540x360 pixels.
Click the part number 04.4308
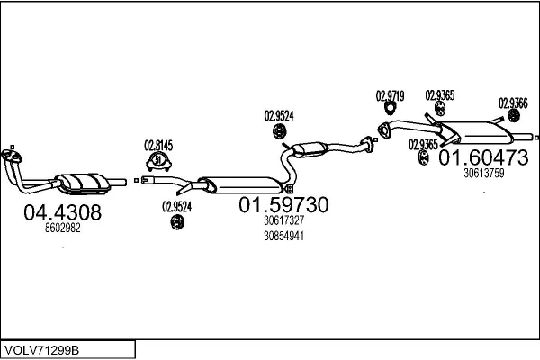point(62,212)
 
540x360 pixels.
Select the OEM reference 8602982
point(62,228)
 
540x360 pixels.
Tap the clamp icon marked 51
point(158,161)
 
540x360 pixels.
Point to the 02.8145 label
point(158,146)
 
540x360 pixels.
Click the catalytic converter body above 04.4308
point(84,183)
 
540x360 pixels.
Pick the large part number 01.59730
point(283,205)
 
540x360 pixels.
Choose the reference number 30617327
point(283,220)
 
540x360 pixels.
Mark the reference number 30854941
point(283,236)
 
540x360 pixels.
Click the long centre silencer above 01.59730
point(241,185)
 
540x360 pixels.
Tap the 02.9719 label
point(390,96)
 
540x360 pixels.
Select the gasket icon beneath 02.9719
point(390,109)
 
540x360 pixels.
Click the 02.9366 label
point(513,103)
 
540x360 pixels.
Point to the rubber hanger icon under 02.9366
point(514,116)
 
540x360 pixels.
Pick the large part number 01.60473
point(483,157)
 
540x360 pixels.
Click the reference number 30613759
point(484,173)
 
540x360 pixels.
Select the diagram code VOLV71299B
point(42,350)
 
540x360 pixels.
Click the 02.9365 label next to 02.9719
point(440,95)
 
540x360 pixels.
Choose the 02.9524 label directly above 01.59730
point(279,116)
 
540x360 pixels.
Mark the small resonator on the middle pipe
point(310,149)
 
